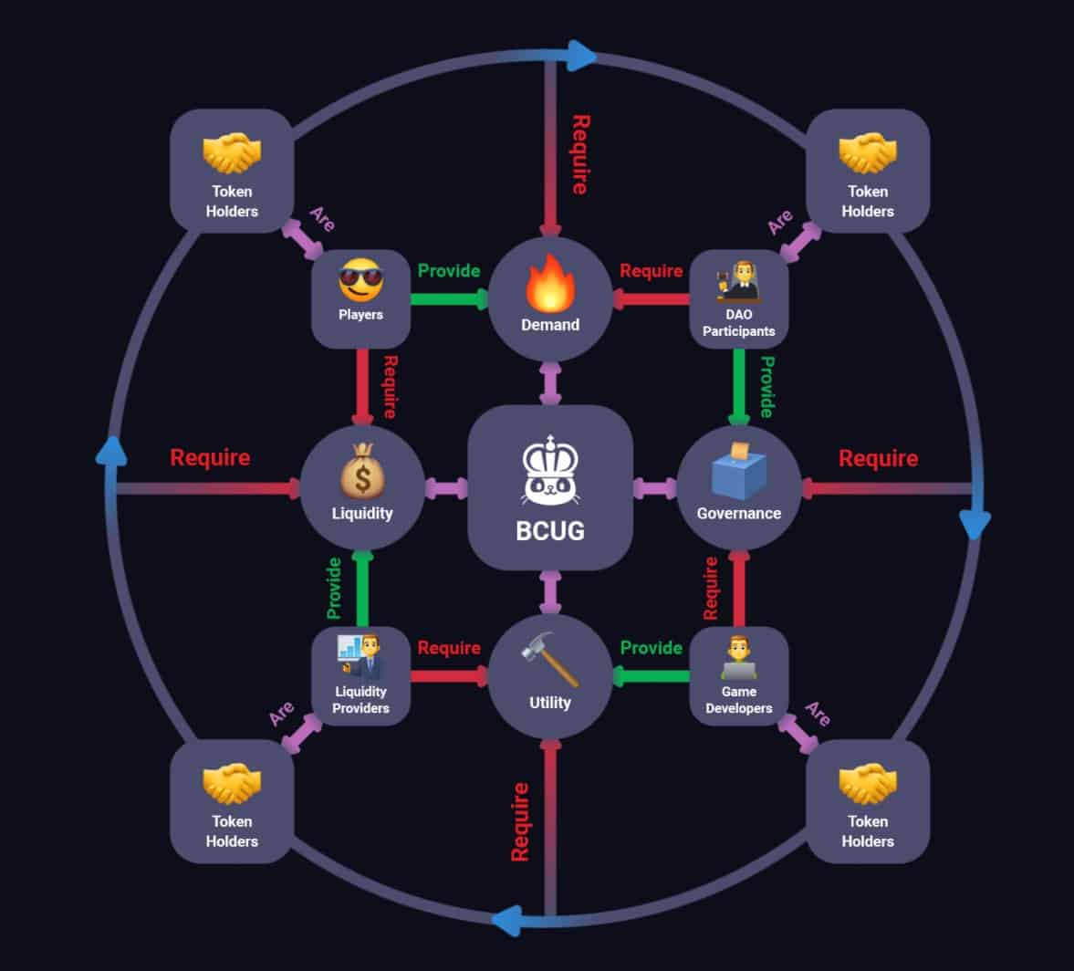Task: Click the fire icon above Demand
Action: pos(550,283)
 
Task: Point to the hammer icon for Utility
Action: pos(550,659)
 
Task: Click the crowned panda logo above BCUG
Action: pos(550,471)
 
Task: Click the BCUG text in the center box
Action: pos(550,531)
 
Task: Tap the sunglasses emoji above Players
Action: pos(361,280)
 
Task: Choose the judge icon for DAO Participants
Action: pos(738,281)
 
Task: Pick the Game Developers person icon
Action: pos(738,657)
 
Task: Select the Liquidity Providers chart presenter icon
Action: pos(360,657)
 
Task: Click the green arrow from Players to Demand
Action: pos(449,298)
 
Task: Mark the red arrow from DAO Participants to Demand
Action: pos(651,298)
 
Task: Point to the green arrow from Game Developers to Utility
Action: pos(651,676)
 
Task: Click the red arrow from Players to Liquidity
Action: pos(362,387)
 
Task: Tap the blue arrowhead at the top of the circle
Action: pos(582,56)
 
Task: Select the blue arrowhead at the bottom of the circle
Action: pos(507,920)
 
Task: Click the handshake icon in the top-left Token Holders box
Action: pos(232,152)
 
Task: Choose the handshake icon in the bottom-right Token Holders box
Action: pos(867,783)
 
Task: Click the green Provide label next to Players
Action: pos(449,271)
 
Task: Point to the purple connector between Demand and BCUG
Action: pos(550,383)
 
